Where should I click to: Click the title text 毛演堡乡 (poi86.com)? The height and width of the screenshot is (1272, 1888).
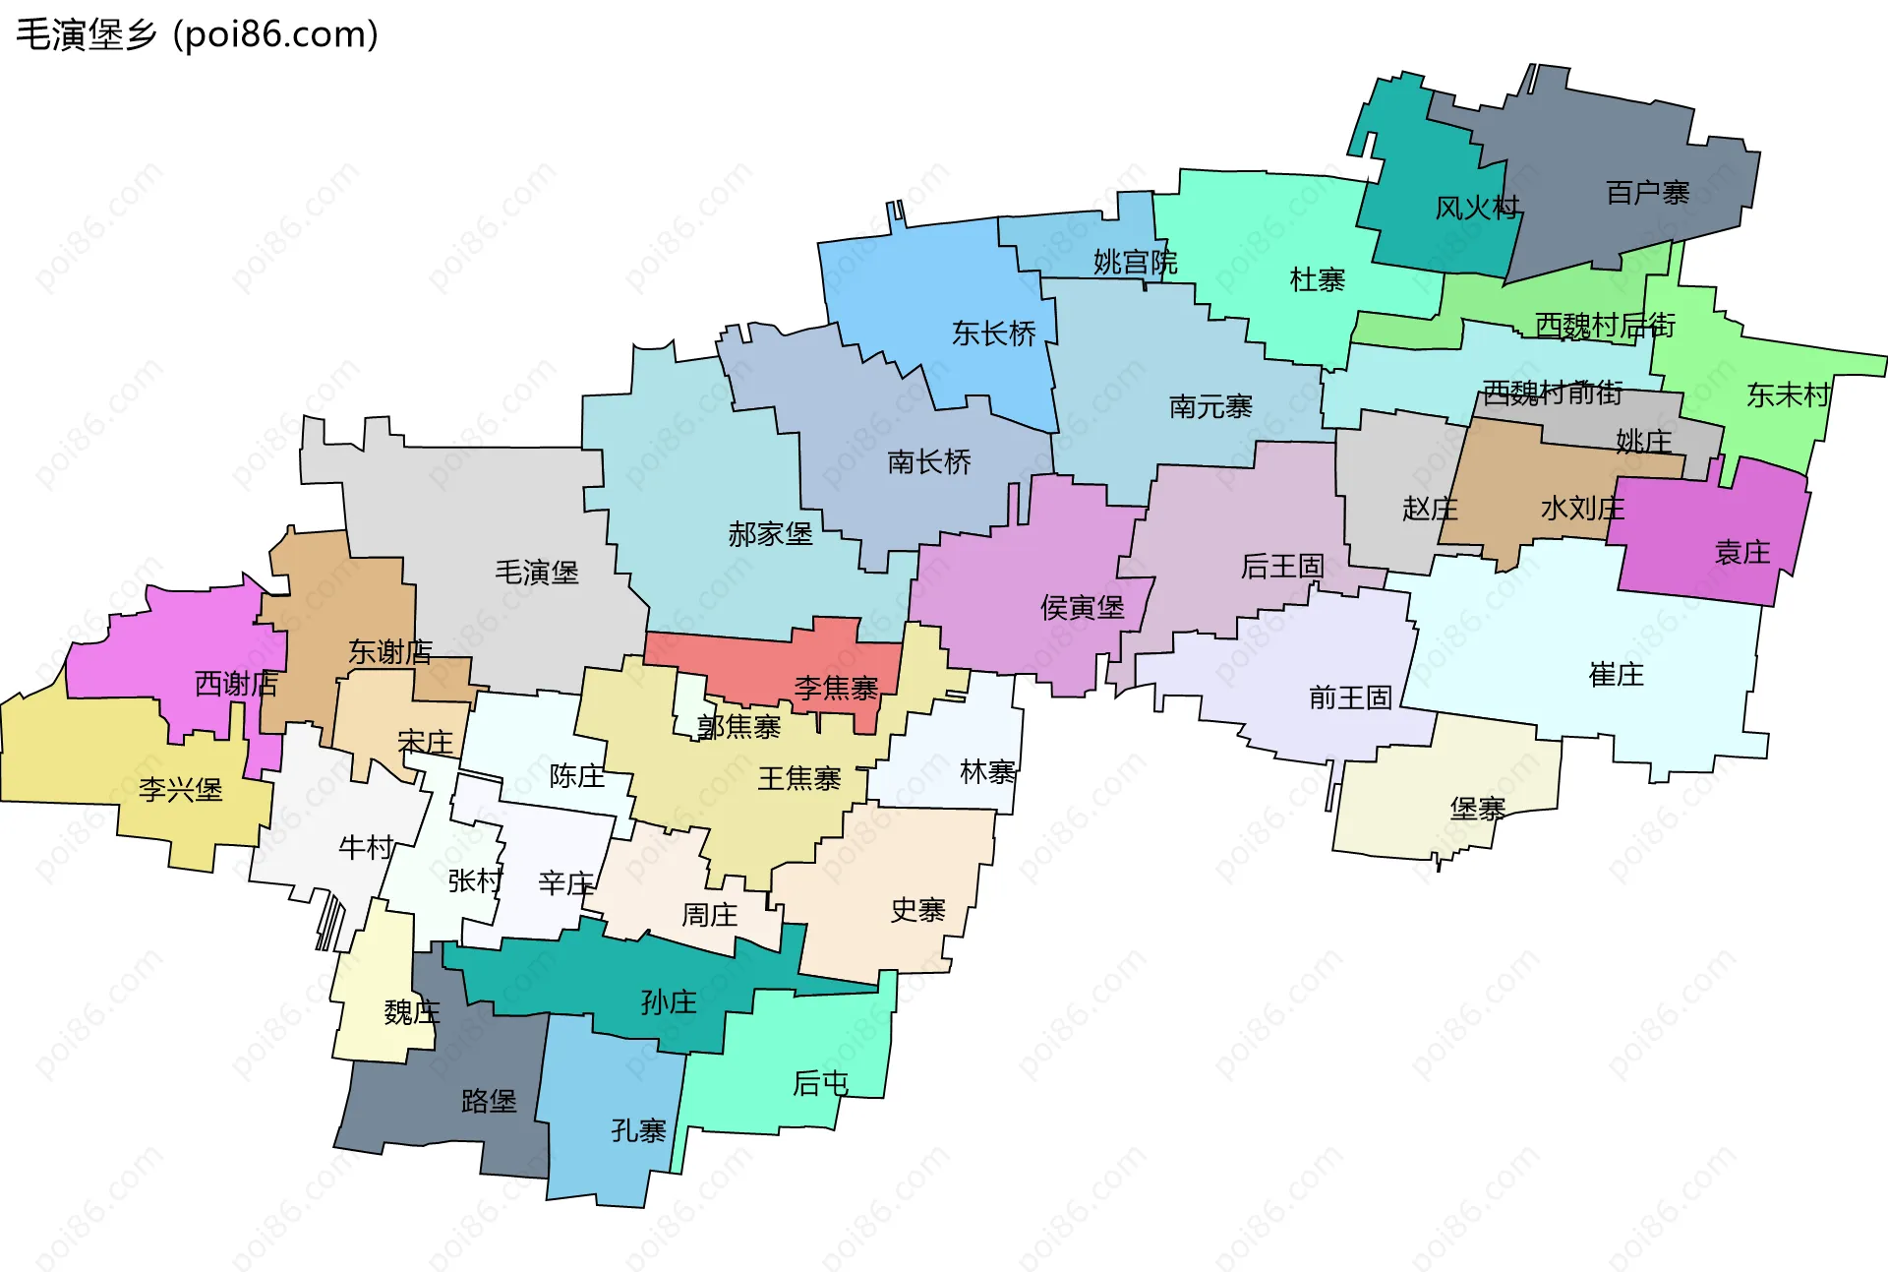[x=197, y=35]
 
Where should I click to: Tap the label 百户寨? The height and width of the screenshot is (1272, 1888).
[x=1647, y=193]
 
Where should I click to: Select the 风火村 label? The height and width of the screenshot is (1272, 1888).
[x=1477, y=209]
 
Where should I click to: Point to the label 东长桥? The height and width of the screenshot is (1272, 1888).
[x=993, y=334]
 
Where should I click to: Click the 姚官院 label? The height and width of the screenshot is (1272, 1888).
[x=1135, y=263]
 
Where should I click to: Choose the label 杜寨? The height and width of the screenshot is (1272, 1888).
[x=1317, y=280]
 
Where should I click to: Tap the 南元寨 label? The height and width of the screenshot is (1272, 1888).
[x=1210, y=407]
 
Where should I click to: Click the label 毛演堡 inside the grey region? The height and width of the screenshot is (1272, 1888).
[x=536, y=573]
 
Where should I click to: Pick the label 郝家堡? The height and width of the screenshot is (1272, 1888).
[x=770, y=534]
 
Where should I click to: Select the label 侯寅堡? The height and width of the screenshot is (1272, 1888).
[x=1082, y=608]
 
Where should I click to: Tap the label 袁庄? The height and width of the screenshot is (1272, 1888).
[x=1741, y=553]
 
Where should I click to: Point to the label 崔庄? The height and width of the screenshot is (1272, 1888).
[x=1616, y=675]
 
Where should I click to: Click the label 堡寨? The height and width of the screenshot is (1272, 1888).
[x=1477, y=810]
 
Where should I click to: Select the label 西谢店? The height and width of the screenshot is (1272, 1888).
[x=236, y=684]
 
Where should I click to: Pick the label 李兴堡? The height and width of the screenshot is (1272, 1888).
[x=180, y=790]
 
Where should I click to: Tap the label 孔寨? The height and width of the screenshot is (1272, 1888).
[x=638, y=1131]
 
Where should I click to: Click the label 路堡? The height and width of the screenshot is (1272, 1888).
[x=489, y=1101]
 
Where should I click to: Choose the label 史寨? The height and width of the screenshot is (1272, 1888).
[x=917, y=911]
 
